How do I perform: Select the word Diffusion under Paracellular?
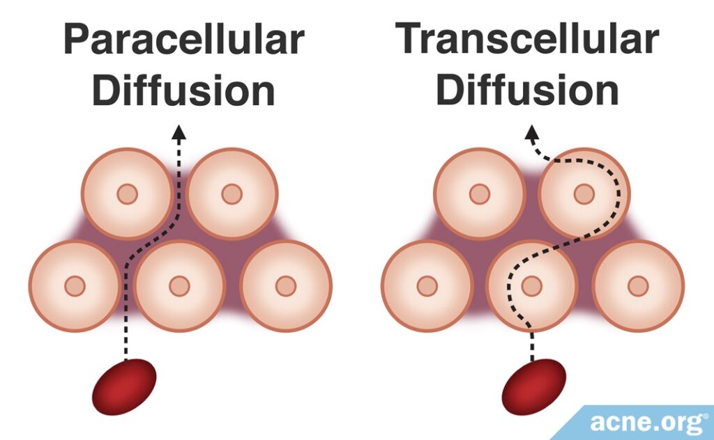183,91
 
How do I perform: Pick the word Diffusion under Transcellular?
528,91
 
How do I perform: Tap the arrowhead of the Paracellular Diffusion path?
179,132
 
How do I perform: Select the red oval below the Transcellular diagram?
534,386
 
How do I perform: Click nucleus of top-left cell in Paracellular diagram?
127,194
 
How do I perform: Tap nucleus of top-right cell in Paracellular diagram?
231,194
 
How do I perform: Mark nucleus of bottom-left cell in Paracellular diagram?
75,285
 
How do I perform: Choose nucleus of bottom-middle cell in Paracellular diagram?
179,285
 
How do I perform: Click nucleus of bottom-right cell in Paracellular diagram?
285,285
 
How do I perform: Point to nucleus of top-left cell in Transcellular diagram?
479,194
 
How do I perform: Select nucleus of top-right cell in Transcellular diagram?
584,194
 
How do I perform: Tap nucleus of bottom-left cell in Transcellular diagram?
427,285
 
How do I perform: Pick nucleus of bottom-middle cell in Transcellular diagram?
532,285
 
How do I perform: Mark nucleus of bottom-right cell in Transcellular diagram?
637,285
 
